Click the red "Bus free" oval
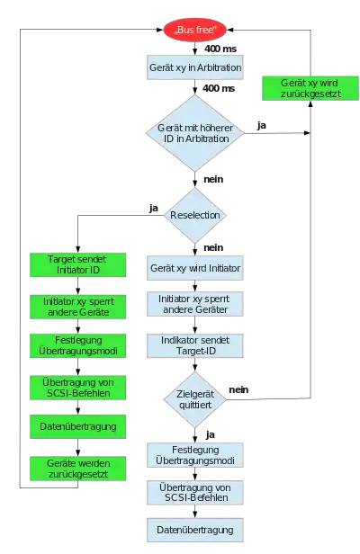[x=195, y=30]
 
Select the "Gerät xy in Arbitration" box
[x=195, y=67]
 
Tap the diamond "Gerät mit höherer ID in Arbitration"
[x=195, y=133]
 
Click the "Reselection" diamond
[x=195, y=215]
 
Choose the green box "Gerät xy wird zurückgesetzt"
[x=310, y=88]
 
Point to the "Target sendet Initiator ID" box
[x=77, y=264]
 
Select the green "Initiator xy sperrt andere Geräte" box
[x=77, y=307]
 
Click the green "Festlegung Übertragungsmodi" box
[x=77, y=345]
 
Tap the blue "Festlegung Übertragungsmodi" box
[x=195, y=455]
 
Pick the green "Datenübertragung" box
[x=77, y=426]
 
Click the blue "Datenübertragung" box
[x=195, y=530]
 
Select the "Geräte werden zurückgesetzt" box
[x=77, y=469]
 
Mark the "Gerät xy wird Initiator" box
[x=195, y=268]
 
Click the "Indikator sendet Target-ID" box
[x=195, y=345]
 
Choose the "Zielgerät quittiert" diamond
[x=195, y=399]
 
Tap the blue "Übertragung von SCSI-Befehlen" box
[x=195, y=492]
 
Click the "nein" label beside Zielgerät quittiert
[x=238, y=389]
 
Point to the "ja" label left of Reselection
[x=154, y=208]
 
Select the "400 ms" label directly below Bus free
[x=220, y=49]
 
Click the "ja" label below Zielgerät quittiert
[x=210, y=435]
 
